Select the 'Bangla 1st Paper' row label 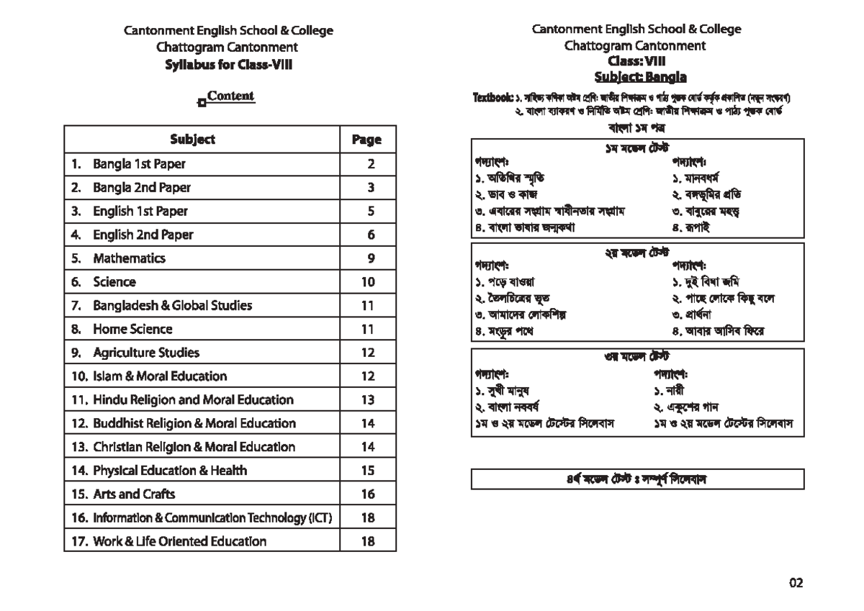(138, 164)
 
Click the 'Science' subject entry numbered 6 (114, 282)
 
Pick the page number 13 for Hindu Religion (368, 400)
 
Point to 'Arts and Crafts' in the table (133, 494)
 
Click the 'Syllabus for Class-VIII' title (228, 64)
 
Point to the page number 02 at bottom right (795, 583)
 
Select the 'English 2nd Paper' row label (143, 235)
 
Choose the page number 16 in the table (368, 494)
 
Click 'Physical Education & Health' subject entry (169, 471)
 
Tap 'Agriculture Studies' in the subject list (145, 353)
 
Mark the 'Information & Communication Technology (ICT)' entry (211, 517)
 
